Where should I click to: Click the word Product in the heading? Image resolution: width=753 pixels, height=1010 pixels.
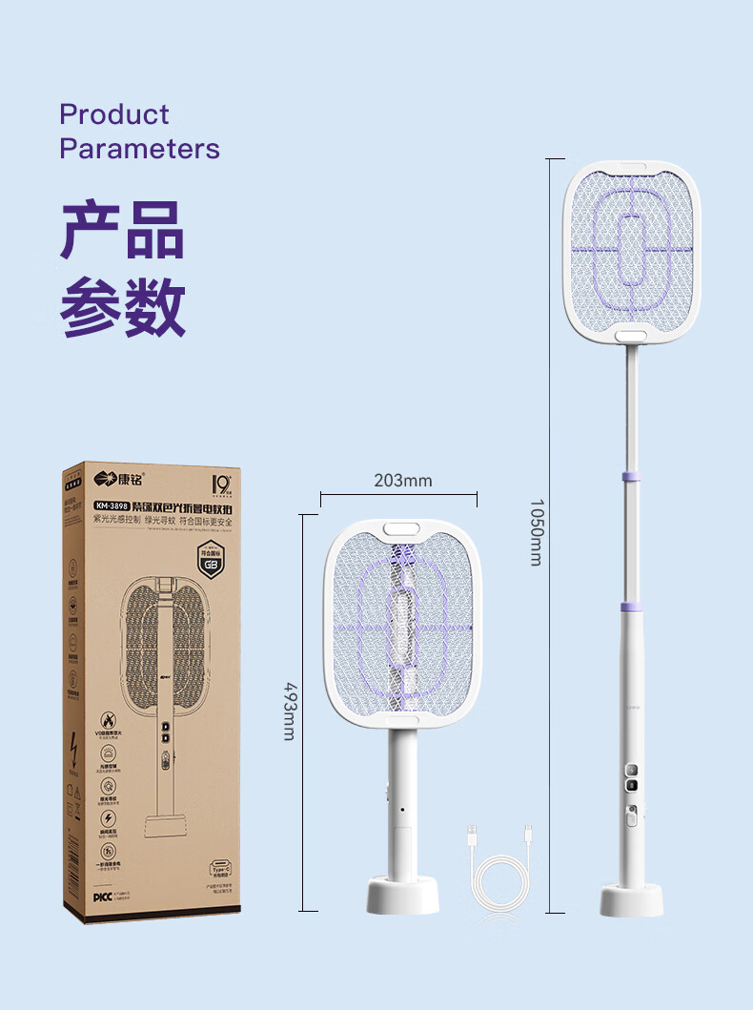(113, 114)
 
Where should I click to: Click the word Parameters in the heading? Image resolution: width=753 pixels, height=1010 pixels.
(139, 149)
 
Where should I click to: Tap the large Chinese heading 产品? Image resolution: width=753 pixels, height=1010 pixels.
(122, 230)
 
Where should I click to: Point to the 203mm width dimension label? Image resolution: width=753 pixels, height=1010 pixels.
(402, 480)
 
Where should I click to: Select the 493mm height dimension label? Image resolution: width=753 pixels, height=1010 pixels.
(290, 710)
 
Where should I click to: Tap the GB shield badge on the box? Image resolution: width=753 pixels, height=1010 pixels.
(211, 562)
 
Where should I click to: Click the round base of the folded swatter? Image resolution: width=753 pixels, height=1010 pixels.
(402, 896)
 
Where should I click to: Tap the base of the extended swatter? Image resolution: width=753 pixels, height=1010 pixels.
(630, 899)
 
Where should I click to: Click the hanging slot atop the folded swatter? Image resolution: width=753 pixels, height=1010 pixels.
(402, 526)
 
